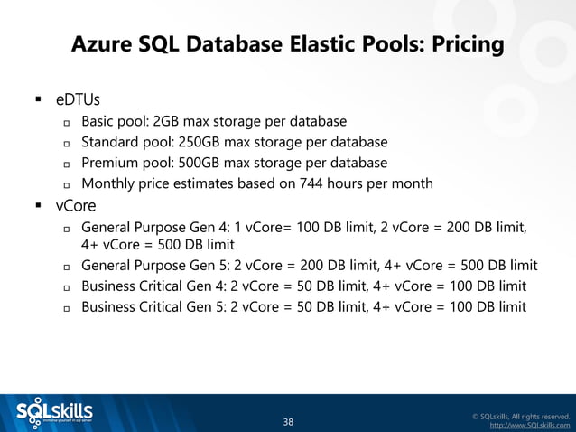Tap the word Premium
109,163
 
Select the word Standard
109,142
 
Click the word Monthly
107,183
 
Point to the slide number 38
288,421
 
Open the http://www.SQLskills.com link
529,425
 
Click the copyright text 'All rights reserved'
537,415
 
